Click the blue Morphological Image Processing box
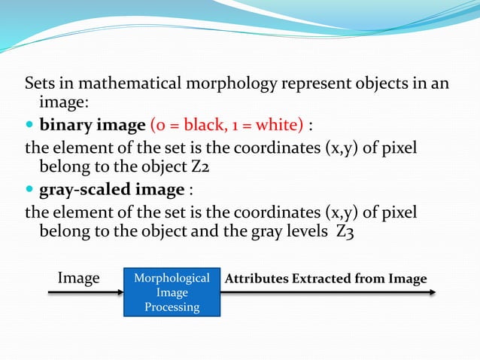point(172,292)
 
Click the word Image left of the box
point(79,279)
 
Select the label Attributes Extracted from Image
point(326,279)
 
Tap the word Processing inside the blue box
point(172,307)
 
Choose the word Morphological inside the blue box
point(172,279)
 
